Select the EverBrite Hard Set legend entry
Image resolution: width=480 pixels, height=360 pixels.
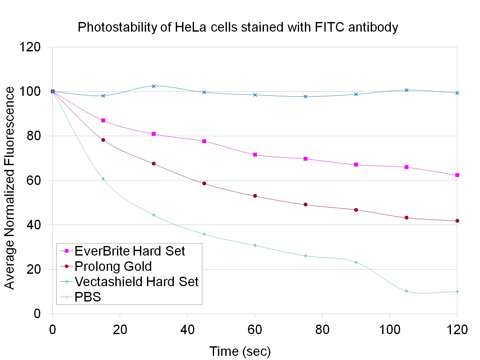129,251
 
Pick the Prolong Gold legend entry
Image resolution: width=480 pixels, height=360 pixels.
113,266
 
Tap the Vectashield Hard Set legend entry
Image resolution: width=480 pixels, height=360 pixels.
136,282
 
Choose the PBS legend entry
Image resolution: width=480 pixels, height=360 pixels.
88,297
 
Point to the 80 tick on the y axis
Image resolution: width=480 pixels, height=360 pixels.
34,136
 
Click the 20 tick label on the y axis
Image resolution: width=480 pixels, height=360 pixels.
34,269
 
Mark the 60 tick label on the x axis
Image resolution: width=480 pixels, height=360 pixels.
255,330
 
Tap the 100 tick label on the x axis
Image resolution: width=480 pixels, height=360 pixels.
390,330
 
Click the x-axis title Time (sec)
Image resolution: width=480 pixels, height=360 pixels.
240,351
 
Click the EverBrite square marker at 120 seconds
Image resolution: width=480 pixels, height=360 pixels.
457,175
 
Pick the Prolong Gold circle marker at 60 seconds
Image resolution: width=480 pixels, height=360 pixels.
255,196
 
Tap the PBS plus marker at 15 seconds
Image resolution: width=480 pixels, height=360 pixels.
103,179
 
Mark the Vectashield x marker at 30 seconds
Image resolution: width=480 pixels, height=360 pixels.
154,86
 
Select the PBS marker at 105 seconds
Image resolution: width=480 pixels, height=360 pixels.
406,291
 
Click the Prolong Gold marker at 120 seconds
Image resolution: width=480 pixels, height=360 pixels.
457,221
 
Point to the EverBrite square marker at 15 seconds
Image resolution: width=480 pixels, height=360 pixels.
103,120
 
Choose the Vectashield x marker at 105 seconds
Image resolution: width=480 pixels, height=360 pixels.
406,90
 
